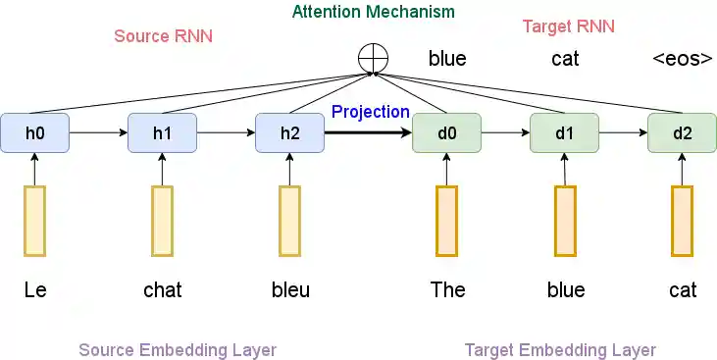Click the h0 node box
(34, 133)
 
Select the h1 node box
(162, 133)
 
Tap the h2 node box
(289, 133)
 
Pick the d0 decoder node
(446, 133)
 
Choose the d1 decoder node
(564, 133)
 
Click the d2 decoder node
(682, 133)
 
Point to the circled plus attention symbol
(373, 58)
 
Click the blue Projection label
(370, 112)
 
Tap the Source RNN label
(163, 36)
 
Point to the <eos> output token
(682, 59)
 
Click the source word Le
(35, 289)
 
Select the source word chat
(162, 289)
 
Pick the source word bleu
(290, 289)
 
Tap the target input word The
(447, 289)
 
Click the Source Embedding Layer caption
(177, 350)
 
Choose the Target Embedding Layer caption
(560, 350)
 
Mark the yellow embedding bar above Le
(34, 221)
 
